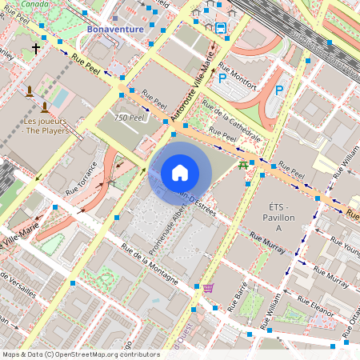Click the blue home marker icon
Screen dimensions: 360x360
pyautogui.click(x=180, y=172)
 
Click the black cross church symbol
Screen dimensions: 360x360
pyautogui.click(x=35, y=49)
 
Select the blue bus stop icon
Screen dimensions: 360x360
pyautogui.click(x=221, y=26)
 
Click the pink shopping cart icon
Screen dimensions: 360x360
pyautogui.click(x=208, y=288)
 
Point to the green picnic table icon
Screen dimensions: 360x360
pyautogui.click(x=242, y=166)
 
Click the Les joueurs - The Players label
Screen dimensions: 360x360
pyautogui.click(x=45, y=126)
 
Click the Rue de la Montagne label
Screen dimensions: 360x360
pyautogui.click(x=149, y=264)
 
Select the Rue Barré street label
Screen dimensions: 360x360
pyautogui.click(x=238, y=297)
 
